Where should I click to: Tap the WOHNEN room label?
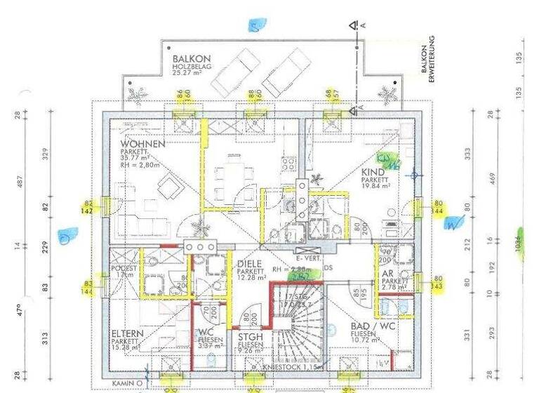(x=142, y=144)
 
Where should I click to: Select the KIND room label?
(x=373, y=172)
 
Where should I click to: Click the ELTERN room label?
(x=126, y=334)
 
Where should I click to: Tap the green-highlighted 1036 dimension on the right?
(x=521, y=245)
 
